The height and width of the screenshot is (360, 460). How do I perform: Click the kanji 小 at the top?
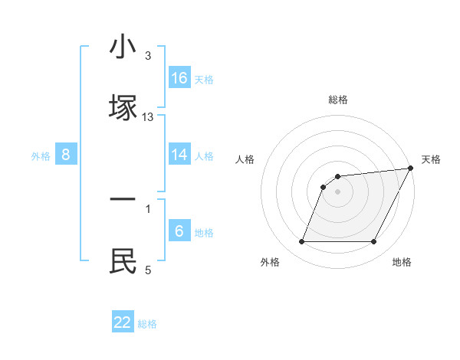click(x=123, y=47)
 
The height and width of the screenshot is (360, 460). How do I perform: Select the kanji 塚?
click(x=123, y=106)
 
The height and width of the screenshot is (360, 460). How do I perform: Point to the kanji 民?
click(x=123, y=260)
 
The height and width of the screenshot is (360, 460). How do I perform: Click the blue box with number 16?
click(x=179, y=78)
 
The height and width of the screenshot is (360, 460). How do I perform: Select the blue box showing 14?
click(x=179, y=155)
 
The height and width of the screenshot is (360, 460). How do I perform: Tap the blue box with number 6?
click(x=179, y=231)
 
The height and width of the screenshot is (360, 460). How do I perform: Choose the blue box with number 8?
click(x=66, y=155)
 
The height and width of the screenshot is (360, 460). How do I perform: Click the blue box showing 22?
click(x=123, y=322)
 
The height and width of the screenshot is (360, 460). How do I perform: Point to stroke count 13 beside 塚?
click(x=148, y=117)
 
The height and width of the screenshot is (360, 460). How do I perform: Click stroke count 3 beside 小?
click(x=148, y=57)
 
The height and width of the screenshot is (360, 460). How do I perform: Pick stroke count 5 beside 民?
click(x=148, y=270)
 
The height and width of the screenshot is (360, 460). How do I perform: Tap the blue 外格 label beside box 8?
click(x=41, y=155)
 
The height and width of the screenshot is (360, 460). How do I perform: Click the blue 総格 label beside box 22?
click(x=147, y=324)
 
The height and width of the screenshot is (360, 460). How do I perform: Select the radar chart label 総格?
click(x=338, y=100)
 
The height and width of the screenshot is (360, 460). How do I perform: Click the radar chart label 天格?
click(x=431, y=159)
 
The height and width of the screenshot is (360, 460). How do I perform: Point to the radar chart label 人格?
click(x=245, y=159)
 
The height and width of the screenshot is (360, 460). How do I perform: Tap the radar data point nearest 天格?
click(x=411, y=169)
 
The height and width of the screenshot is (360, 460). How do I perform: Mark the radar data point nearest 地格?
click(x=374, y=242)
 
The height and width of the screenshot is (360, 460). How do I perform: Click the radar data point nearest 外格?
click(x=301, y=242)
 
